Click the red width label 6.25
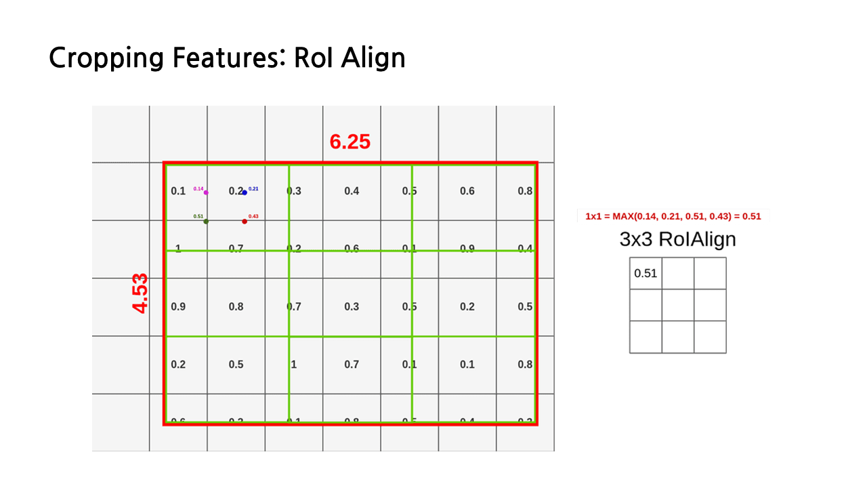350,142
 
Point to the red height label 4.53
140,293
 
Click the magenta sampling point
206,192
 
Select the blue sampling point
245,192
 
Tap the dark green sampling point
206,221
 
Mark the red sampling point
245,221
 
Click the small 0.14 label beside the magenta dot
198,188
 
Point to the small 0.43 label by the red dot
253,216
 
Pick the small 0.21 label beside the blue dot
253,188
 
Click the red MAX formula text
673,216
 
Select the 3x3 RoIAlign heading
677,239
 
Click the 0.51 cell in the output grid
646,274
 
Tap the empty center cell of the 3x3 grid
678,305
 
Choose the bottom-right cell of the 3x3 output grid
710,337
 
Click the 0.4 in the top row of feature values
352,191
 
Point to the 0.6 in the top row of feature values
467,191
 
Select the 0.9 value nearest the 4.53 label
178,307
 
